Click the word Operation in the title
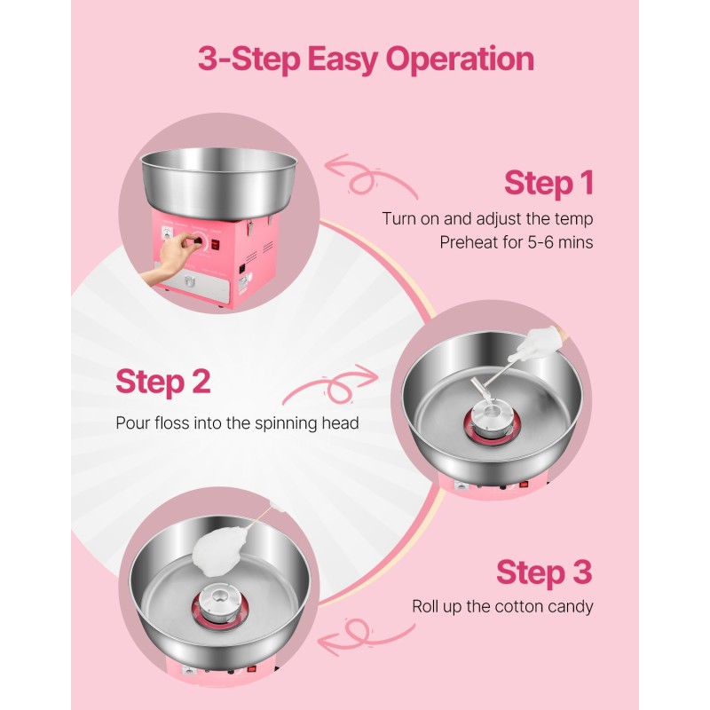point(460,59)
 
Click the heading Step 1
point(548,183)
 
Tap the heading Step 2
point(163,382)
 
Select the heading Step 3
point(544,572)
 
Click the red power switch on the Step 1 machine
point(216,244)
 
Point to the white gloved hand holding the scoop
point(539,343)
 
